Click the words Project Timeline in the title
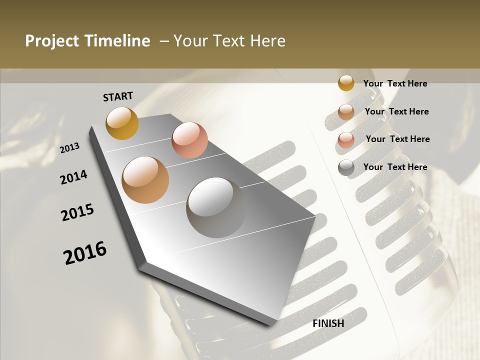(87, 41)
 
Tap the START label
(118, 96)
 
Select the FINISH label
(328, 323)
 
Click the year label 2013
(70, 148)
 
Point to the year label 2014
(74, 177)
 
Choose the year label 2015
(77, 212)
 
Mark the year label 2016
(85, 252)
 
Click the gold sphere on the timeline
(122, 123)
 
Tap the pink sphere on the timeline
(189, 140)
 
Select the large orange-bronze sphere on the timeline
(145, 180)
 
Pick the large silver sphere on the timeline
(216, 207)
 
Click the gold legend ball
(346, 83)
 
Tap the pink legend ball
(346, 140)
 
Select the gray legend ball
(346, 168)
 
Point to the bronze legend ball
(346, 112)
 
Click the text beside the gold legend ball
(395, 83)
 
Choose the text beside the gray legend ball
(395, 167)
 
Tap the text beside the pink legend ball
(397, 139)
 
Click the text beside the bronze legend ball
(396, 111)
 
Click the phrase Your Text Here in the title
(229, 41)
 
